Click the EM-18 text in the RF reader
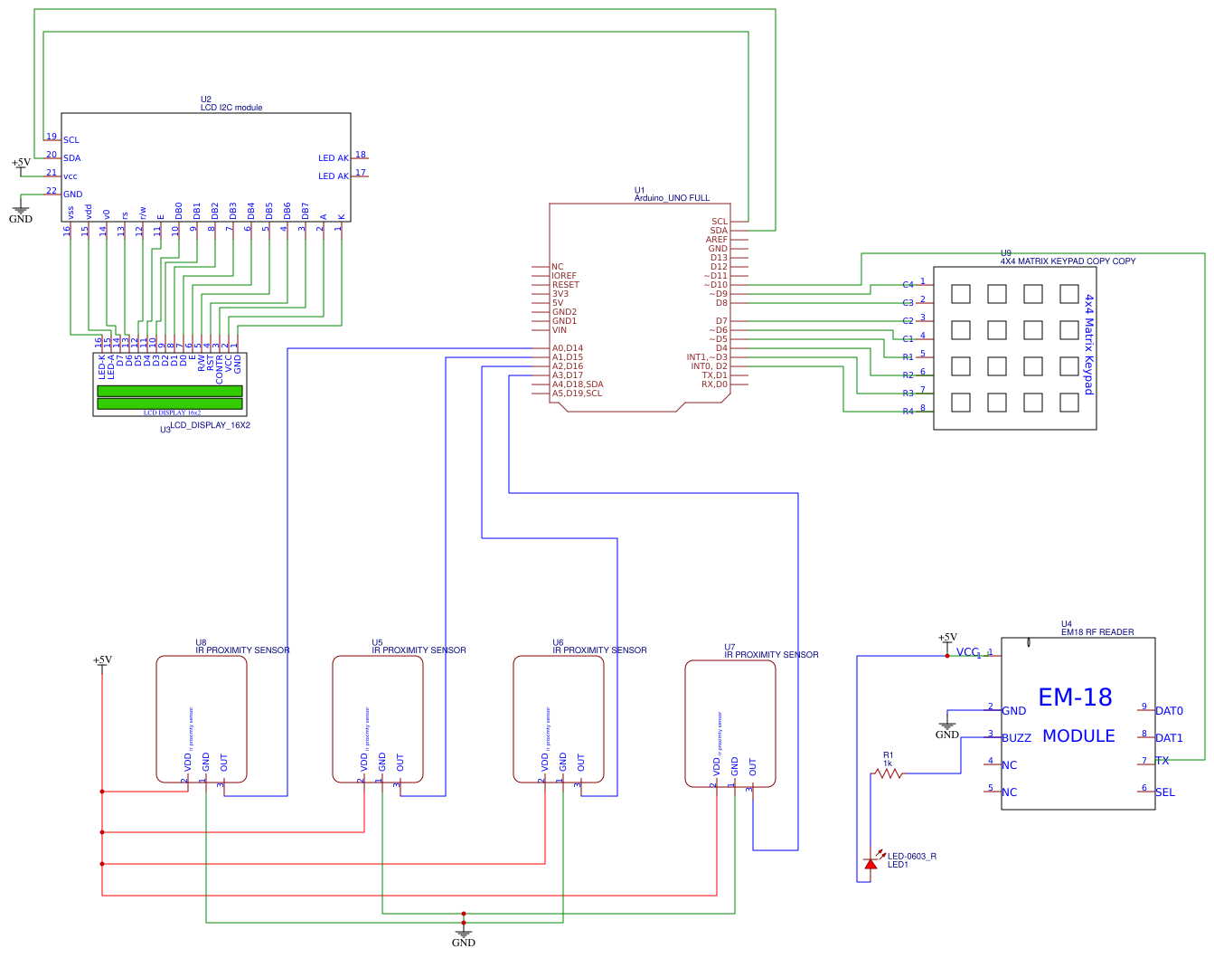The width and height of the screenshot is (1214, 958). pyautogui.click(x=1075, y=697)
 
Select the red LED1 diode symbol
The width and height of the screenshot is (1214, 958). pyautogui.click(x=871, y=863)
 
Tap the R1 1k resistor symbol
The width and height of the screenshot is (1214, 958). pyautogui.click(x=889, y=773)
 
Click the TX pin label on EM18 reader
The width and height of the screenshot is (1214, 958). pyautogui.click(x=1162, y=761)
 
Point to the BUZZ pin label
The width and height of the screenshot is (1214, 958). pyautogui.click(x=1016, y=738)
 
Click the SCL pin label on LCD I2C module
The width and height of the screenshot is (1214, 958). pyautogui.click(x=71, y=140)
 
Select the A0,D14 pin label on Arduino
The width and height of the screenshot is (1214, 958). pyautogui.click(x=568, y=348)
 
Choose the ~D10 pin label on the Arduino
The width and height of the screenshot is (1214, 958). pyautogui.click(x=715, y=285)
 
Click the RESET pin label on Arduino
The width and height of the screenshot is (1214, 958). pyautogui.click(x=566, y=285)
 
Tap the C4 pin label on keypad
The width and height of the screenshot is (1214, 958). pyautogui.click(x=908, y=285)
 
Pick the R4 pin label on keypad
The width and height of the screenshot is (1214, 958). pyautogui.click(x=908, y=412)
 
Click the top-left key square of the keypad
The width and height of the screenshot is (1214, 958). pyautogui.click(x=961, y=294)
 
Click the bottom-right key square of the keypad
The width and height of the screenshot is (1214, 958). pyautogui.click(x=1069, y=403)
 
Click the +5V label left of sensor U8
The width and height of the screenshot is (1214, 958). pyautogui.click(x=102, y=659)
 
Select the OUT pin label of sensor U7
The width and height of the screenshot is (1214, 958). pyautogui.click(x=753, y=767)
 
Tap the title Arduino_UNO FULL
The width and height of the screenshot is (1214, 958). pyautogui.click(x=672, y=198)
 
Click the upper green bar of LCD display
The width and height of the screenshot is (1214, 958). pyautogui.click(x=170, y=391)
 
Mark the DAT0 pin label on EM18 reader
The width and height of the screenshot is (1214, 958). pyautogui.click(x=1169, y=711)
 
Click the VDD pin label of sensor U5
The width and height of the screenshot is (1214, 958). pyautogui.click(x=364, y=763)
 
